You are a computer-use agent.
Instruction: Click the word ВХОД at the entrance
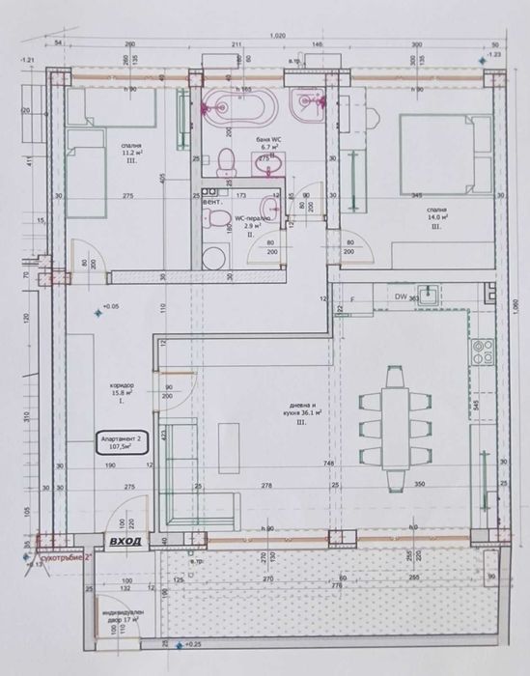click(126, 542)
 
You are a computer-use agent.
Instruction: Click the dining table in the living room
click(396, 417)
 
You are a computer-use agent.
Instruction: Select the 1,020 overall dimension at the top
click(278, 36)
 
